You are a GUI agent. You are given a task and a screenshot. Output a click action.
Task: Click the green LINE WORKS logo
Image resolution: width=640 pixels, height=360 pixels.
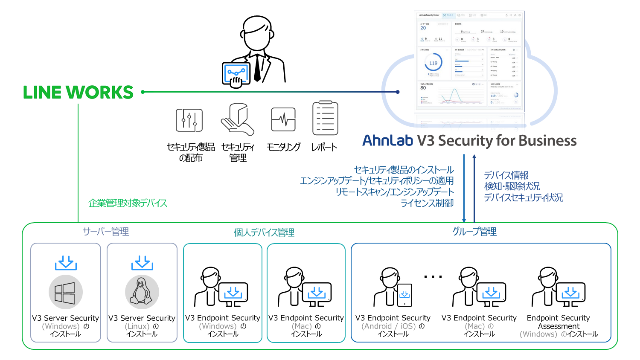[78, 93]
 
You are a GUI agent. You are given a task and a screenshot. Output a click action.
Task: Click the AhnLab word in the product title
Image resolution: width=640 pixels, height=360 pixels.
[387, 140]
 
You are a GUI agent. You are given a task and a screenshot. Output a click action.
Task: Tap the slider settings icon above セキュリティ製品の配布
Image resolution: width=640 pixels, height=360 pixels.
[189, 120]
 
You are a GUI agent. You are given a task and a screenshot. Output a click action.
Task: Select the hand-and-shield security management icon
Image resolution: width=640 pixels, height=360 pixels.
[237, 119]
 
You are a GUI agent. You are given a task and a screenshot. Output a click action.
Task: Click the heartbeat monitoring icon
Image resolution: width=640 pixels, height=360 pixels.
[283, 119]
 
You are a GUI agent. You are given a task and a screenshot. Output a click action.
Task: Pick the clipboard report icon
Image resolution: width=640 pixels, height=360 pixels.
[325, 118]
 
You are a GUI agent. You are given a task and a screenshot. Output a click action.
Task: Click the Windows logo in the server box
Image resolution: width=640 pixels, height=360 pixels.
[65, 293]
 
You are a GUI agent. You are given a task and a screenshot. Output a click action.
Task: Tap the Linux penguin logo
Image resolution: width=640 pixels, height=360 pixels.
[142, 292]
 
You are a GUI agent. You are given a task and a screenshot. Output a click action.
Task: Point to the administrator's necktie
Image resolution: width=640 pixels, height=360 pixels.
[257, 69]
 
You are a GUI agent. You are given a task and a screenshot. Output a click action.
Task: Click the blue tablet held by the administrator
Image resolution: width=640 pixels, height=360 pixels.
[235, 73]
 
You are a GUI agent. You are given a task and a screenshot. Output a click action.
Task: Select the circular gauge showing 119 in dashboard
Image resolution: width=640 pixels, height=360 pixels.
[433, 63]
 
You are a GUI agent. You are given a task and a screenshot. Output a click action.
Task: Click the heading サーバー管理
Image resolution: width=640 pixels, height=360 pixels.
[106, 232]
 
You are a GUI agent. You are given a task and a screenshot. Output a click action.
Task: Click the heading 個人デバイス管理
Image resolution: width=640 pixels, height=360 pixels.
[264, 232]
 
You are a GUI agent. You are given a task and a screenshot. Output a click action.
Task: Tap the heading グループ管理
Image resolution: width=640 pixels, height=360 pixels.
[474, 232]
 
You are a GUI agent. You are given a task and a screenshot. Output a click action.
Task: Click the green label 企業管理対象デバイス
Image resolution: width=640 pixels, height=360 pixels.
[128, 203]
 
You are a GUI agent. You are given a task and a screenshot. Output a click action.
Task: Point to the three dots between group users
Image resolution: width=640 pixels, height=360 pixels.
[433, 277]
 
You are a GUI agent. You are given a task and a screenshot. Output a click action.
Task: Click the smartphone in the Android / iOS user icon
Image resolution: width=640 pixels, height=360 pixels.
[404, 295]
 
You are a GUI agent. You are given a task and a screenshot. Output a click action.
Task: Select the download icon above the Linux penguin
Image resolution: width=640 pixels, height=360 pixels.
[142, 263]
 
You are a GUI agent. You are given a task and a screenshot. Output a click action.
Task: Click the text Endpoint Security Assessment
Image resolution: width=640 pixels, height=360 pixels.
[558, 322]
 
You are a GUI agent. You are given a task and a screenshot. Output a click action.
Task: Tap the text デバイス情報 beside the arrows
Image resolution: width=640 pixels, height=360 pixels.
[506, 175]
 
